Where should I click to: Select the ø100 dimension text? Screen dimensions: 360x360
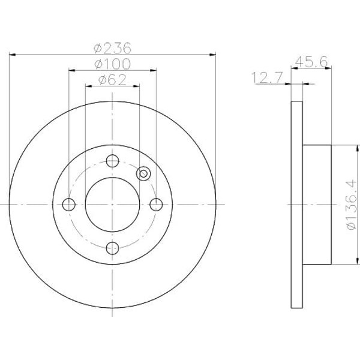click(x=113, y=64)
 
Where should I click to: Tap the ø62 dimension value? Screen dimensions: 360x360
click(x=113, y=80)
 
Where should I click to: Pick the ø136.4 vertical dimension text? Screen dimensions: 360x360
click(x=353, y=205)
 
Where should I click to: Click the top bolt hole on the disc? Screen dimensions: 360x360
click(x=112, y=160)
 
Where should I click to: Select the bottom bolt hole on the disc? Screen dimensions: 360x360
click(x=112, y=247)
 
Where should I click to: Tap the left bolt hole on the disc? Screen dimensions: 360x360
click(x=69, y=204)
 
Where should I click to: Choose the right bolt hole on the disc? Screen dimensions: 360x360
click(x=156, y=204)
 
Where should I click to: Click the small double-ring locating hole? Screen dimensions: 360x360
click(x=143, y=173)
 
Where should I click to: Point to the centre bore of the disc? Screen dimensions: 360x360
click(x=112, y=204)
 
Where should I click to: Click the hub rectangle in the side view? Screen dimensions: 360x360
click(x=318, y=205)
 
